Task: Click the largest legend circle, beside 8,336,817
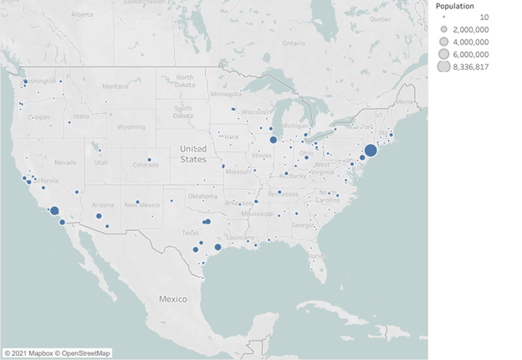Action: pos(443,67)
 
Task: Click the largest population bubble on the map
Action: pos(371,151)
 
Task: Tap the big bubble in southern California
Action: pos(54,212)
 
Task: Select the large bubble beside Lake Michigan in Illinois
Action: pos(273,140)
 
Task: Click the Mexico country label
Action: pos(173,298)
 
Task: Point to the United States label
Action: pos(193,153)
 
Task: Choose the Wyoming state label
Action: pos(131,127)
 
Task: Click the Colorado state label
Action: pos(145,165)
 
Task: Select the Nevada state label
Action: pos(64,162)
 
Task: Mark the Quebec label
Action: pos(381,18)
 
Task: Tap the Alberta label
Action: pos(81,15)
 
